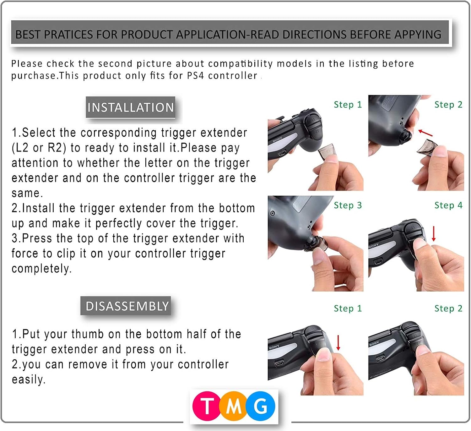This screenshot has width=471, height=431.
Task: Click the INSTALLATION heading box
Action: click(130, 107)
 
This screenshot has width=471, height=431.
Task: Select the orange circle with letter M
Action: click(234, 407)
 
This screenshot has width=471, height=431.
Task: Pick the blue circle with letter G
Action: click(261, 406)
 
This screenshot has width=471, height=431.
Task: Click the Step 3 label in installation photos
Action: click(348, 205)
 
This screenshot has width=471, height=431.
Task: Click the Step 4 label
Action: click(448, 205)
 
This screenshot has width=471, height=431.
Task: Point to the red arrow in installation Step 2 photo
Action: click(425, 133)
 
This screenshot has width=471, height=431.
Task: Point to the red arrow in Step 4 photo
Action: click(434, 234)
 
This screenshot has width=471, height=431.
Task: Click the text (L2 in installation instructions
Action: click(21, 148)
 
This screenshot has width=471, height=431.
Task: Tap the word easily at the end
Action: click(28, 379)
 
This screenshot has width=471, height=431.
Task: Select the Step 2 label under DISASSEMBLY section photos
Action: click(448, 308)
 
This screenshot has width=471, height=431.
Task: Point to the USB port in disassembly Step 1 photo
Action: click(279, 364)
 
